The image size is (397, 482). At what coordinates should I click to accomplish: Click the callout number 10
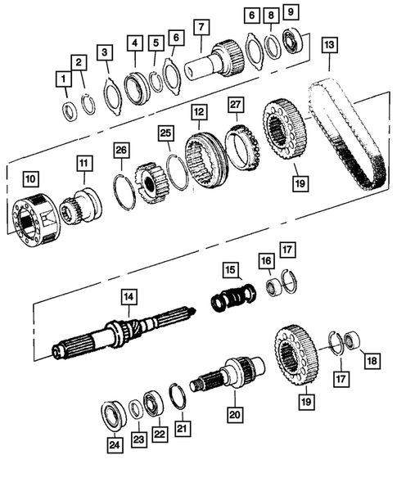click(x=30, y=178)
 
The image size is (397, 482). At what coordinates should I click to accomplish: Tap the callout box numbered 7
click(x=199, y=28)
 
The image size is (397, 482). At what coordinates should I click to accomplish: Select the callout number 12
click(x=198, y=110)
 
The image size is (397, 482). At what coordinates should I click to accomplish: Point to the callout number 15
click(x=232, y=270)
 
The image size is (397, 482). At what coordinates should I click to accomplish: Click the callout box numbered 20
click(x=235, y=415)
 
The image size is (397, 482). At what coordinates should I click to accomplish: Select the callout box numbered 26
click(x=120, y=150)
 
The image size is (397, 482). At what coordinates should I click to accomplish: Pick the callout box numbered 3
click(x=105, y=53)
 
